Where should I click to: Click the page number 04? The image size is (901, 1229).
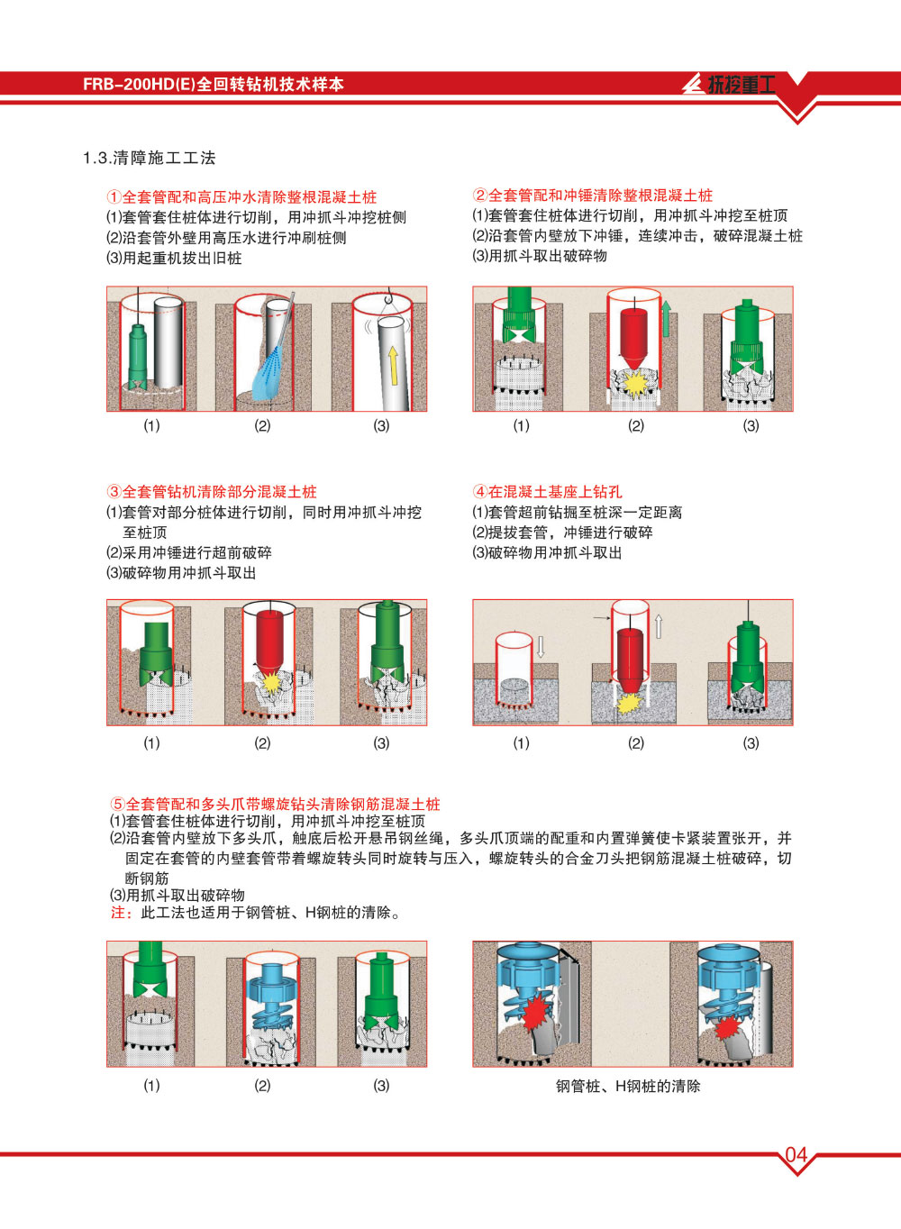(x=796, y=1155)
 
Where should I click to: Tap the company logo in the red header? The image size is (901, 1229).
(x=729, y=84)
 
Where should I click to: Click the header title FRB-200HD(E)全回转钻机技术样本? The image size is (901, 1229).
(x=214, y=84)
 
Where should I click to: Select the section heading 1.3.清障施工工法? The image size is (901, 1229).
(x=150, y=158)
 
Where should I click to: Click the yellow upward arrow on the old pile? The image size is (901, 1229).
(x=393, y=366)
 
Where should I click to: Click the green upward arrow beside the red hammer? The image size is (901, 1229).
(x=666, y=318)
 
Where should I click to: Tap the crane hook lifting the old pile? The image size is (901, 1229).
(x=389, y=296)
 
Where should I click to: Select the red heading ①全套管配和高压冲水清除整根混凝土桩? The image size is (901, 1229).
(x=241, y=197)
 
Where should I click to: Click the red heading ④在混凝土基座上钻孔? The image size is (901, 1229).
(x=547, y=492)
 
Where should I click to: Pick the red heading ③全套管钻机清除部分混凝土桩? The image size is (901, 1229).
(x=211, y=492)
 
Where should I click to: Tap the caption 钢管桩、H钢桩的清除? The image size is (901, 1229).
(x=628, y=1087)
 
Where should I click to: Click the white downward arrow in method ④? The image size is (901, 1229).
(x=541, y=646)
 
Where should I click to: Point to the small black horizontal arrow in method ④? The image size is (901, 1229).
(x=601, y=618)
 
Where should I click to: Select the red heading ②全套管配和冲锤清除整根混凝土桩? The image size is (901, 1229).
(x=593, y=195)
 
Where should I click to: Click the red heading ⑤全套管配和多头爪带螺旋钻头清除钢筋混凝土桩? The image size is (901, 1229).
(x=275, y=805)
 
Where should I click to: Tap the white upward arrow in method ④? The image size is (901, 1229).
(x=659, y=626)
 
